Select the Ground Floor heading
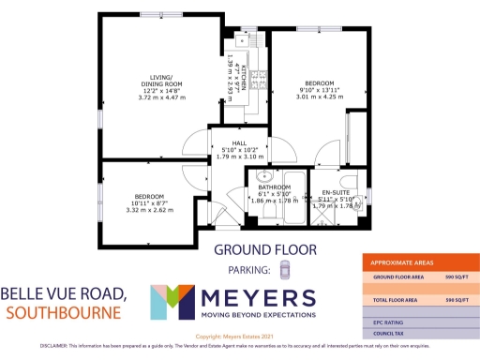[265, 249]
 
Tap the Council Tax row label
[391, 333]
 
